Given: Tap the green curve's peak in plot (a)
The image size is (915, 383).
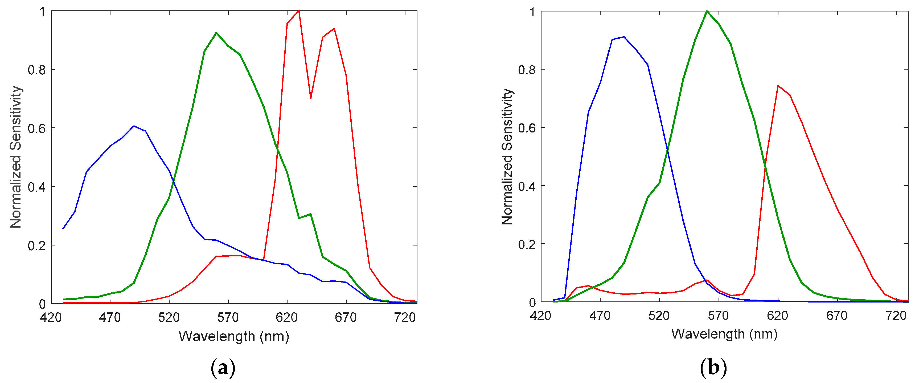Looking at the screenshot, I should (216, 33).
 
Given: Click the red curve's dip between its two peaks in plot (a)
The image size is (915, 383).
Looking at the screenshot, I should (310, 98).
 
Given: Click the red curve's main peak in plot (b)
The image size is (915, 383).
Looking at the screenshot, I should (778, 86).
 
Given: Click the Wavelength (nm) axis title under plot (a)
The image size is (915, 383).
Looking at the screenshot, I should (234, 336).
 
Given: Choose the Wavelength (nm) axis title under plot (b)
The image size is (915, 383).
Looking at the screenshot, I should (724, 334).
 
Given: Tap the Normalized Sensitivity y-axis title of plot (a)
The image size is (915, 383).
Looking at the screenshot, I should (16, 157).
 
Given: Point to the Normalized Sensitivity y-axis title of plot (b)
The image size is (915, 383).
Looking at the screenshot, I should (507, 157).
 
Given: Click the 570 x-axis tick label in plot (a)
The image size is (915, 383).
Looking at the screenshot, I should (228, 317).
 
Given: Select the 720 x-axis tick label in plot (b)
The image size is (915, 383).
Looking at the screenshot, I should (896, 315).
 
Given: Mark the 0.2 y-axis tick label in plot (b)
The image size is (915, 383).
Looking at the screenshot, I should (527, 245).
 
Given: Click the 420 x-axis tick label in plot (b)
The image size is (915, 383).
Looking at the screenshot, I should (540, 315).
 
